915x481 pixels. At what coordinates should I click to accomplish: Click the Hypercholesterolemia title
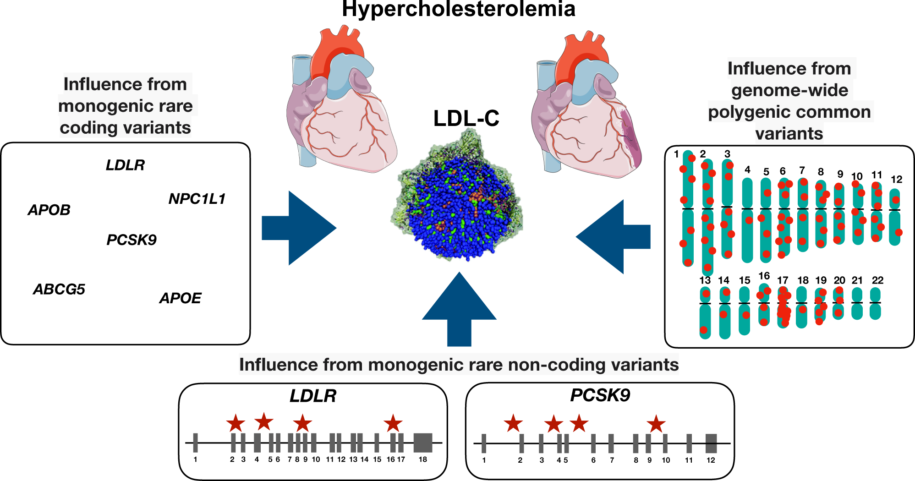[459, 9]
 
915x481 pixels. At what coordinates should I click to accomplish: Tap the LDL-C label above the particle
[466, 119]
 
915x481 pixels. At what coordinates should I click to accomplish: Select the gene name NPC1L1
[197, 199]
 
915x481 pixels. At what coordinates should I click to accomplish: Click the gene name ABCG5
[59, 290]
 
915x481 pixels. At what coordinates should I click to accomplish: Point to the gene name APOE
[180, 298]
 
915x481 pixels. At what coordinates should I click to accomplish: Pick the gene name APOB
[49, 210]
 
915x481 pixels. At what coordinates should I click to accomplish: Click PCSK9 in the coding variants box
[131, 240]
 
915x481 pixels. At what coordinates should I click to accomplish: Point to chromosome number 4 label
[747, 170]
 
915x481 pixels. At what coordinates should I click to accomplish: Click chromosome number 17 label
[783, 280]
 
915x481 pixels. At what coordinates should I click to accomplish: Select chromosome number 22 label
[877, 280]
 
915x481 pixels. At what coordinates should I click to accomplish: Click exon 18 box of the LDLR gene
[423, 443]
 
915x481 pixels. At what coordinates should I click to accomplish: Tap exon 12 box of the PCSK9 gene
[711, 443]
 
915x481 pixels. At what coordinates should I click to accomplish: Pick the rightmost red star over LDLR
[393, 424]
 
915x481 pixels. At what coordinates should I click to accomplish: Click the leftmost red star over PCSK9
[513, 424]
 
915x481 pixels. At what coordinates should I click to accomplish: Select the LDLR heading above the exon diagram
[313, 396]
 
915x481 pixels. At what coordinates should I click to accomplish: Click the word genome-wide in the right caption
[789, 90]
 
